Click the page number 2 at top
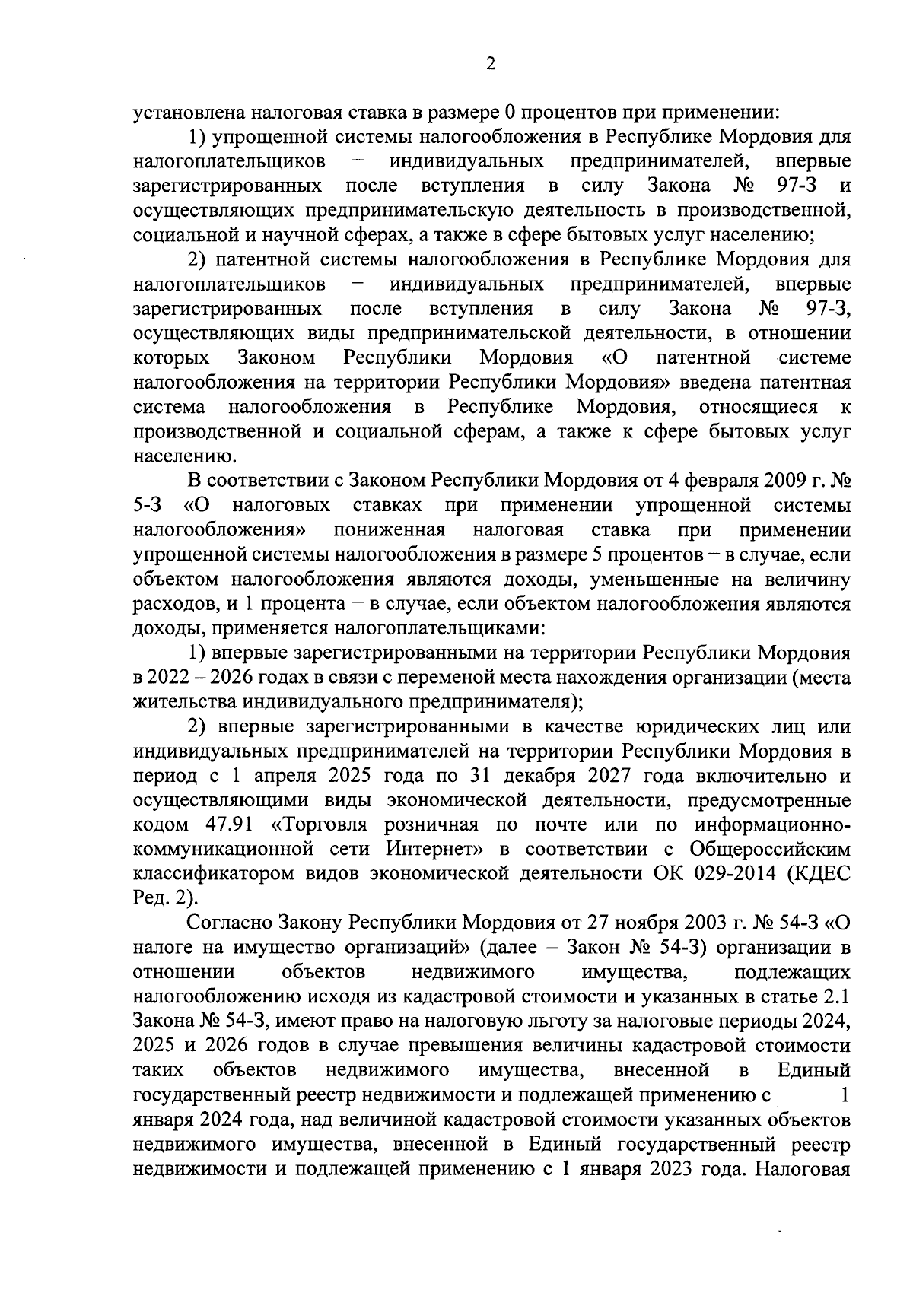tap(490, 65)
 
